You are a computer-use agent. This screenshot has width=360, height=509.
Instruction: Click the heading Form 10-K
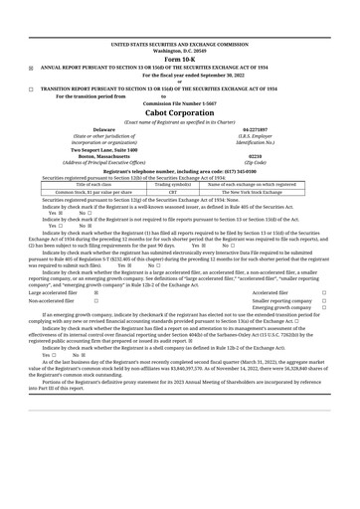pos(180,59)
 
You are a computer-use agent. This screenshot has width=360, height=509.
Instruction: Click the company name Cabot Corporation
pos(180,113)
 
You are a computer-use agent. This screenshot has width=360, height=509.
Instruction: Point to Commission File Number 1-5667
pos(180,103)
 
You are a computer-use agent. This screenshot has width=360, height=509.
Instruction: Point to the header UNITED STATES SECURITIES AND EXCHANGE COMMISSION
pos(180,45)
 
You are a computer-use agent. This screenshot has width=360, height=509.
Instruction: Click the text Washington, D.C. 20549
pos(180,51)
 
